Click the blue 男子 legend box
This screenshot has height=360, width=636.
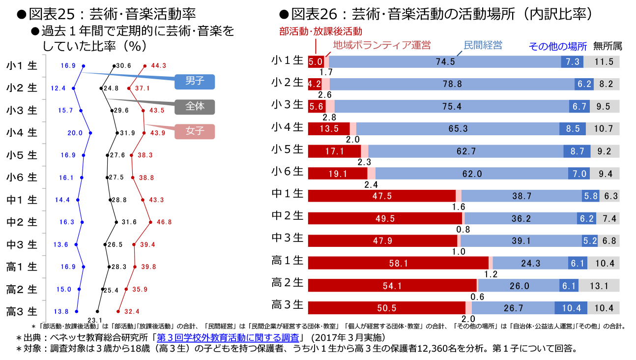pyautogui.click(x=195, y=82)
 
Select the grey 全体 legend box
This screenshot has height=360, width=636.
pyautogui.click(x=195, y=106)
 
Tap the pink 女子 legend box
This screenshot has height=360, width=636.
pyautogui.click(x=195, y=131)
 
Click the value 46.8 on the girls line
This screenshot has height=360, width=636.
pyautogui.click(x=164, y=222)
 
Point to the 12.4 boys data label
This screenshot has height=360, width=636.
pyautogui.click(x=58, y=88)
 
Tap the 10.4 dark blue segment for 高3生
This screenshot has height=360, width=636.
pyautogui.click(x=571, y=308)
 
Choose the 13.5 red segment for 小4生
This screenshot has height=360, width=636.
pyautogui.click(x=328, y=129)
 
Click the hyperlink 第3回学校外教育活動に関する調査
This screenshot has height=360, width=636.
pyautogui.click(x=228, y=338)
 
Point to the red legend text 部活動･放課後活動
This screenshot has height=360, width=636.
pyautogui.click(x=320, y=32)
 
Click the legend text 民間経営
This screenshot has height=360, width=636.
pyautogui.click(x=483, y=45)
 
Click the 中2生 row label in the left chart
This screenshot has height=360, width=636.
pyautogui.click(x=22, y=222)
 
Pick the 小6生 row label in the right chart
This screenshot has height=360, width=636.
pyautogui.click(x=288, y=172)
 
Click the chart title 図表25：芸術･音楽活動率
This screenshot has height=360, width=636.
pyautogui.click(x=112, y=13)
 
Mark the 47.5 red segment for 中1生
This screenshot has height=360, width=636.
pyautogui.click(x=381, y=196)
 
